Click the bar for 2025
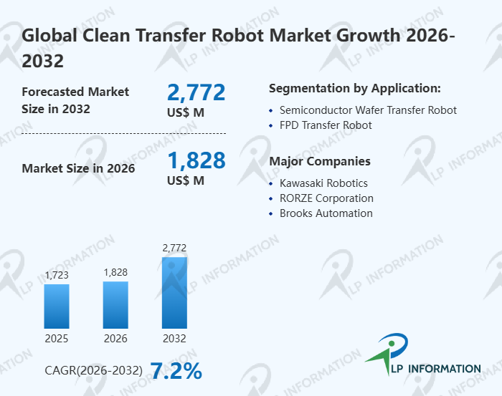(x=57, y=306)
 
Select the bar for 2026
(x=115, y=304)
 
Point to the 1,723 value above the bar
(x=57, y=275)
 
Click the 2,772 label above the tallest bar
(x=174, y=248)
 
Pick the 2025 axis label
(x=57, y=338)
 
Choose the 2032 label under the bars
(x=174, y=338)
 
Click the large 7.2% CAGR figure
(x=176, y=371)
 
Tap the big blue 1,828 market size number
(x=196, y=160)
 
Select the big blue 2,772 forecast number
(x=196, y=92)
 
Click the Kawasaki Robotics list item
(x=323, y=183)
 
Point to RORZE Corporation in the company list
(x=326, y=198)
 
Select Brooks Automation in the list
(x=326, y=213)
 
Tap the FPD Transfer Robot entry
(x=326, y=125)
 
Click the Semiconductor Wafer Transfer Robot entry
(x=368, y=110)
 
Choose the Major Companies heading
(x=320, y=161)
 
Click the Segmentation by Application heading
(x=354, y=89)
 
